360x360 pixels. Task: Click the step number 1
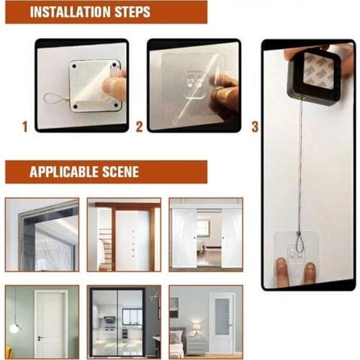24,127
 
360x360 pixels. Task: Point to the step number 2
139,127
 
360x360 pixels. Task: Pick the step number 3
255,127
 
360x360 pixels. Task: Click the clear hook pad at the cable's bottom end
297,252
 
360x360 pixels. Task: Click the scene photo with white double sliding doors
206,235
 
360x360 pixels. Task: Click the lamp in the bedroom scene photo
196,327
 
